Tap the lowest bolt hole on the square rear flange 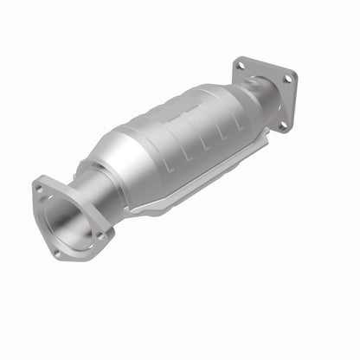point(280,125)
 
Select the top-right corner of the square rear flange point(294,73)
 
